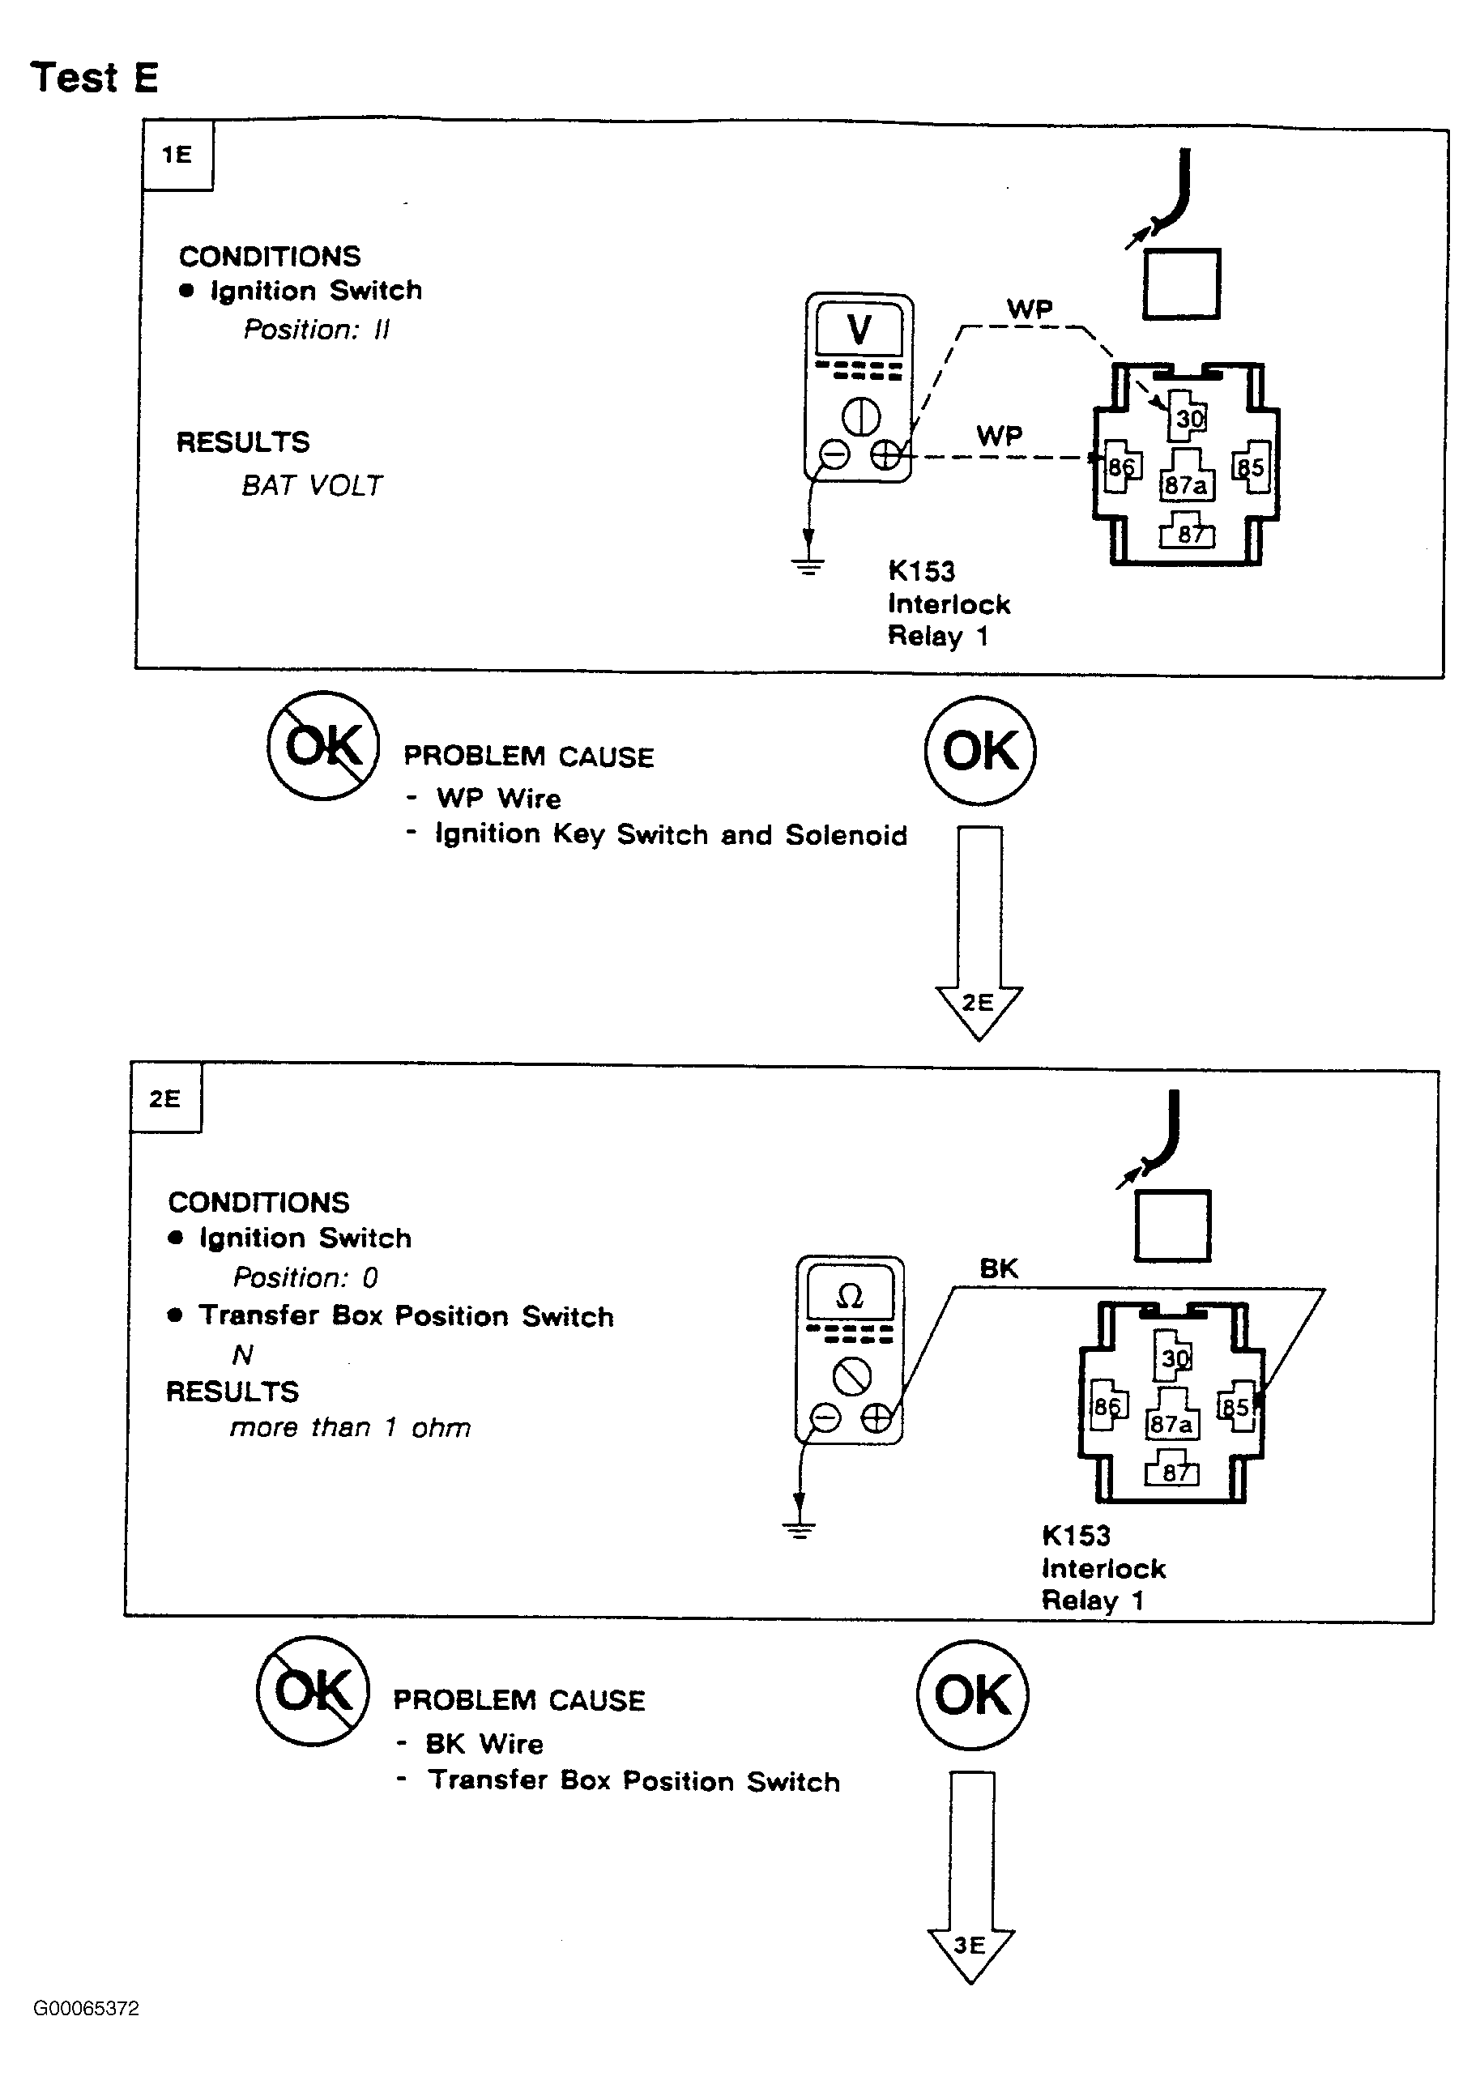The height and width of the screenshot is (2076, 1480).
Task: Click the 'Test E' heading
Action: tap(95, 78)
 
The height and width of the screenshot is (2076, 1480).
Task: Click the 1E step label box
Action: tap(177, 155)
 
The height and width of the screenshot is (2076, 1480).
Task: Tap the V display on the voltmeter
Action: tap(859, 329)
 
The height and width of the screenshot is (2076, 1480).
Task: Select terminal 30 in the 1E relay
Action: tap(1189, 417)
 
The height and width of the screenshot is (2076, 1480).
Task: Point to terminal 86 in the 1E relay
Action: tap(1120, 467)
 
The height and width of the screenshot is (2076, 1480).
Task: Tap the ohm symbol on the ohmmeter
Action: tap(848, 1296)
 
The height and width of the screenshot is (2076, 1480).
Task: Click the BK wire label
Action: tap(998, 1268)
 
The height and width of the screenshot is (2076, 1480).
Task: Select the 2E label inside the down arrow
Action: tap(978, 1003)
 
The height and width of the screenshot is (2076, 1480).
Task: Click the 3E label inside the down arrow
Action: tap(970, 1946)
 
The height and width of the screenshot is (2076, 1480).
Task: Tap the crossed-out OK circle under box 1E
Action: tap(323, 746)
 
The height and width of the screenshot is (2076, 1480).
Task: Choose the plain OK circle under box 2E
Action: tap(972, 1695)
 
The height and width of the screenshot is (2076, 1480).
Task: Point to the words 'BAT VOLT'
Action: tap(312, 486)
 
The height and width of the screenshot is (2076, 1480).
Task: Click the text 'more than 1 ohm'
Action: tap(350, 1427)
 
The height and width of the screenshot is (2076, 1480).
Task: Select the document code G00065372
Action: tap(87, 2009)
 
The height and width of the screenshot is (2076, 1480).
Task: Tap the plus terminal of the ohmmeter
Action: tap(876, 1419)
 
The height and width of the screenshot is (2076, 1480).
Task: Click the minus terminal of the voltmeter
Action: tap(834, 454)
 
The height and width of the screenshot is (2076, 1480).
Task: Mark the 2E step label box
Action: tap(165, 1098)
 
